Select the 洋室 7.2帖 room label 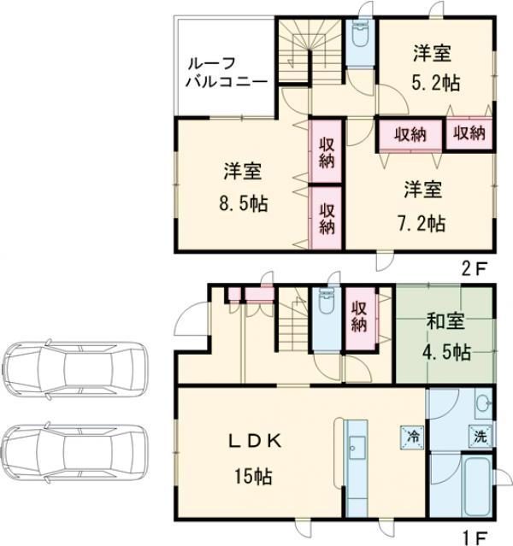(x=422, y=205)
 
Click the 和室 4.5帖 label (x=445, y=338)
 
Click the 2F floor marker (x=475, y=268)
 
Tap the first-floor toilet (x=326, y=307)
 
